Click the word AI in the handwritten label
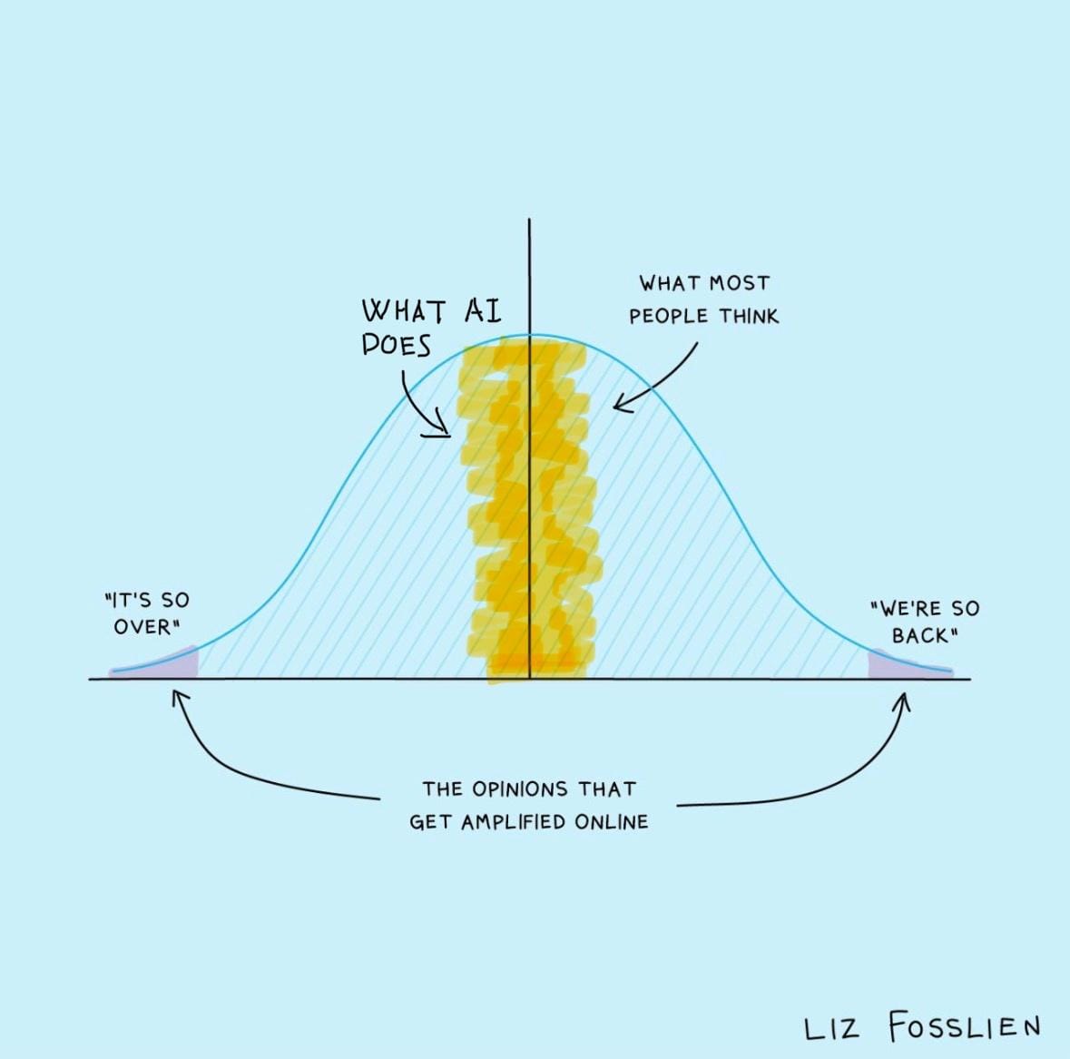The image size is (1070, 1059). click(483, 311)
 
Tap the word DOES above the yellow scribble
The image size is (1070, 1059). click(397, 345)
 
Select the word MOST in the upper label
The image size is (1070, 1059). click(739, 282)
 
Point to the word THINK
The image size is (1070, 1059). click(748, 316)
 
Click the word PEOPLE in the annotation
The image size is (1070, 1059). click(669, 317)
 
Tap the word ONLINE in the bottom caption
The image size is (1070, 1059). click(612, 821)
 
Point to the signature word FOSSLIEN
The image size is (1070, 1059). click(964, 1026)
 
